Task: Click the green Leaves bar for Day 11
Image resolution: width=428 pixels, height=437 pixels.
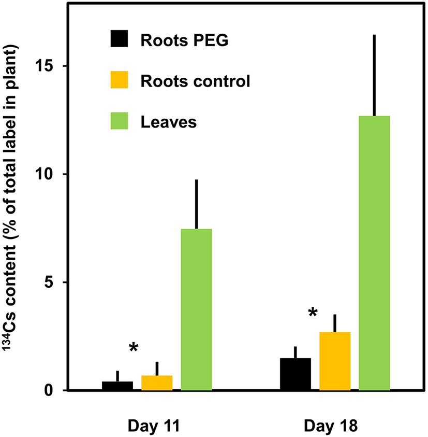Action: coord(196,309)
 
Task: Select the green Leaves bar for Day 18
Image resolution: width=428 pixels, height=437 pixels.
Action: coord(374,253)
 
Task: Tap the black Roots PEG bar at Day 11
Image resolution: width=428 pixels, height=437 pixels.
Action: coord(117,386)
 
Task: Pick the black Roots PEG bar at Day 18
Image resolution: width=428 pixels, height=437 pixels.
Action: coord(296,374)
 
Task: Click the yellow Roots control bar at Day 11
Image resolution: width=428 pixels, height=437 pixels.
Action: coord(157,383)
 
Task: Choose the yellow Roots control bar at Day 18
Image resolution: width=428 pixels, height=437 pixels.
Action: coord(335,361)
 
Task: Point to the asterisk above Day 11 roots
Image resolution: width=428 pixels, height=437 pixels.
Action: coord(134,348)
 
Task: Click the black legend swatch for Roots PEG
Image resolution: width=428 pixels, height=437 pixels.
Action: coord(121,40)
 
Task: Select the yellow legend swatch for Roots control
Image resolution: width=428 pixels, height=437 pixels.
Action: coord(121,81)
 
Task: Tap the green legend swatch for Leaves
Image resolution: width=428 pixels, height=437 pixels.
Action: coord(121,122)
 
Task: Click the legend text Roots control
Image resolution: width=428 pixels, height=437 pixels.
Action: coord(196,81)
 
